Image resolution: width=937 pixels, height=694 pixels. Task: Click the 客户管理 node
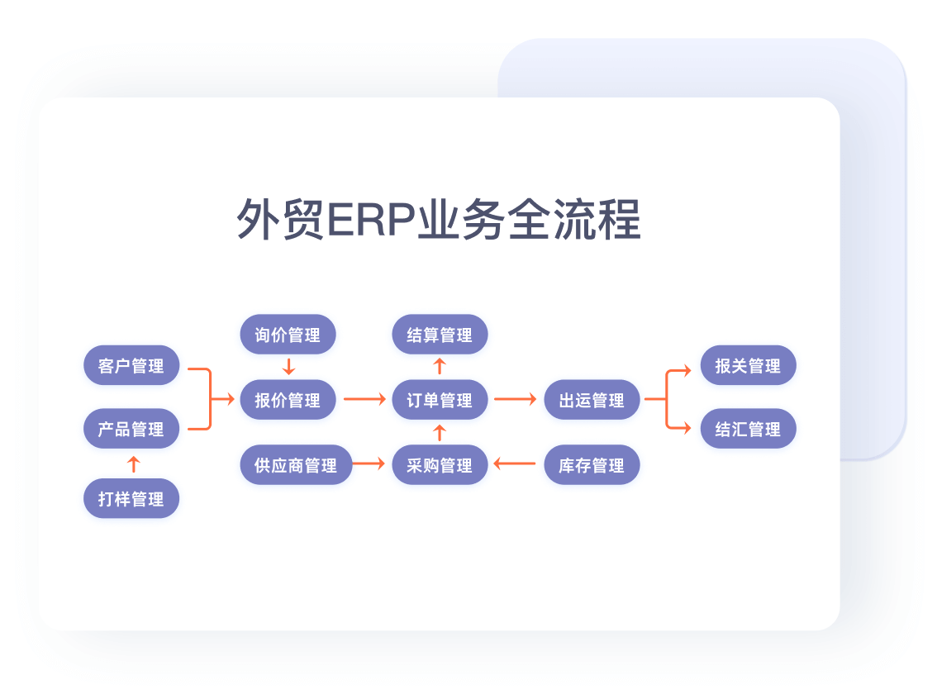pos(131,365)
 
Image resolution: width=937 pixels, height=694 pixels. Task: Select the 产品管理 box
pos(131,429)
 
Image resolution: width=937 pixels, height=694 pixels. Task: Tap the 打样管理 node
pos(131,498)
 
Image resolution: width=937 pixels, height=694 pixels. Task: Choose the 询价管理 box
pos(288,335)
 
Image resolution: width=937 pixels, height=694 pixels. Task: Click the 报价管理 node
pos(288,400)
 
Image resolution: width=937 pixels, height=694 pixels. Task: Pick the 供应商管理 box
pos(296,464)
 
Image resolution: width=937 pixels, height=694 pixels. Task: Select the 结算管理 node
pos(440,335)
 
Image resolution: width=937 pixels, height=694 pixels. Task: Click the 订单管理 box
pos(440,400)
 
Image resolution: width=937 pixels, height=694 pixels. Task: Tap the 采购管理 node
pos(440,464)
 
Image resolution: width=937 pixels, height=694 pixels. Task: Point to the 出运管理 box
pos(592,400)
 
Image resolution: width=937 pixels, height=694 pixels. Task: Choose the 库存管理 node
pos(592,464)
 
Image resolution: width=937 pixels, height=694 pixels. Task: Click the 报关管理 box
pos(748,365)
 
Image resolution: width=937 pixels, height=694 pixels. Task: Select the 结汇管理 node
pos(748,429)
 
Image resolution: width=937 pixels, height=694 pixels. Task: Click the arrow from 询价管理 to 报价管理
pos(288,367)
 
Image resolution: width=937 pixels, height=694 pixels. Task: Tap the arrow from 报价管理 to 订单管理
pos(364,400)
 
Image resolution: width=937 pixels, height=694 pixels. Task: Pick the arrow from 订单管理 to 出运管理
pos(516,400)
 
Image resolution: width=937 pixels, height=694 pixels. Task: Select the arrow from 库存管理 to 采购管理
pos(515,464)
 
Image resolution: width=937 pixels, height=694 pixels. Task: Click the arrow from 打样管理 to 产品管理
pos(132,463)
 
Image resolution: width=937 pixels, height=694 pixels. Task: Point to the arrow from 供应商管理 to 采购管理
pos(369,464)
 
